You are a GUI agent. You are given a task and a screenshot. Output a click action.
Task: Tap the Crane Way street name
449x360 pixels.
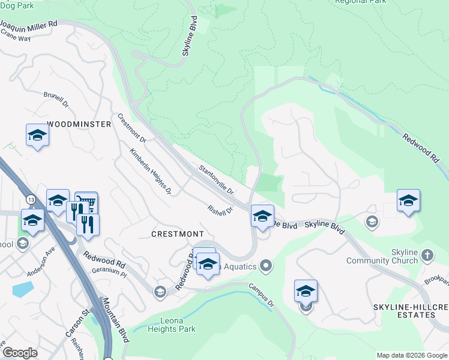click(16, 37)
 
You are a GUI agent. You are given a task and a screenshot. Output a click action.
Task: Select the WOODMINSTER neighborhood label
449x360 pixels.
click(79, 124)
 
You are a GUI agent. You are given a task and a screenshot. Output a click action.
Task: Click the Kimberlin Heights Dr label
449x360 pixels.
click(151, 172)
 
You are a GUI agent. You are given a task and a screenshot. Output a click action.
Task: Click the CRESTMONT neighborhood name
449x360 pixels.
click(177, 233)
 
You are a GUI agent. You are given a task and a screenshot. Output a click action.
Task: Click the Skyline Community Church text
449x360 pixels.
click(382, 256)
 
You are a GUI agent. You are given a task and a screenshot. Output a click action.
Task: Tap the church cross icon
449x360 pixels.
click(427, 256)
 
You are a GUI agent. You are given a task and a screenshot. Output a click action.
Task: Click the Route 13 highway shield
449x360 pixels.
click(30, 199)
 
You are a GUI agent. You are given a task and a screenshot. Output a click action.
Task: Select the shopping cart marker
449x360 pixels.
click(86, 202)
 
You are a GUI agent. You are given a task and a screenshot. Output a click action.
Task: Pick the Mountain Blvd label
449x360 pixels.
click(115, 320)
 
